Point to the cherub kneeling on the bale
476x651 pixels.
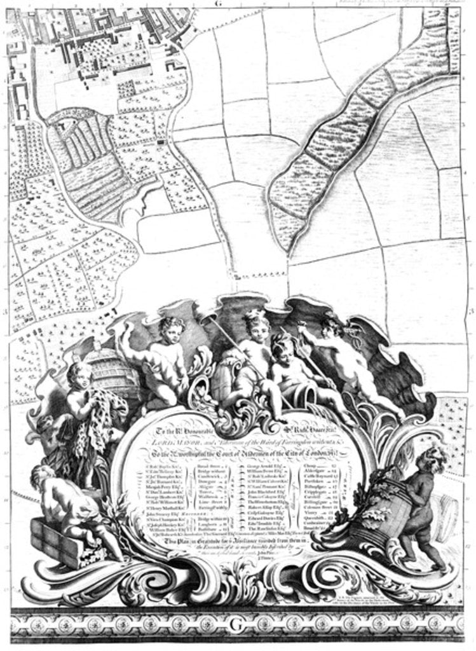tap(67, 502)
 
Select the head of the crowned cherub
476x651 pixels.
tap(256, 325)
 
